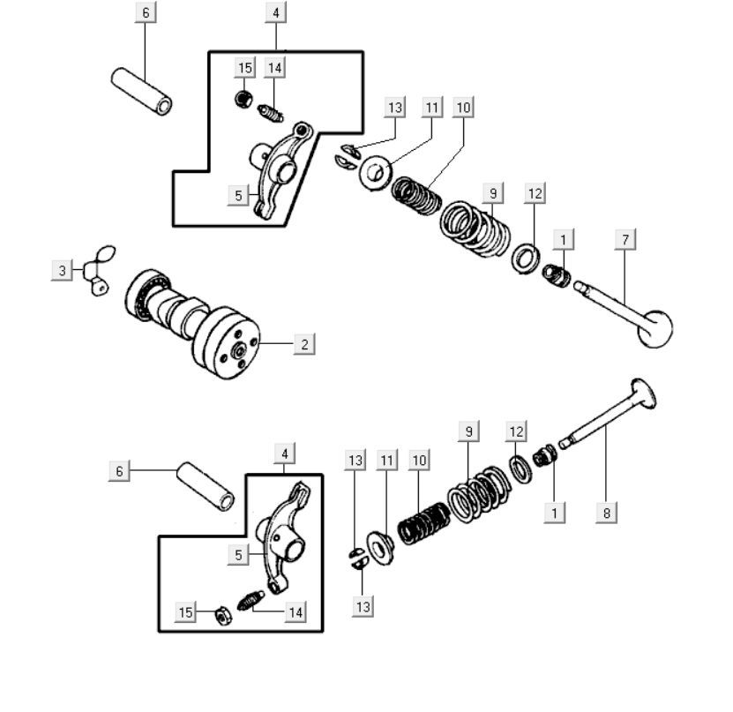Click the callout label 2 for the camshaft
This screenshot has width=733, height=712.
[304, 344]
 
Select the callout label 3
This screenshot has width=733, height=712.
[62, 270]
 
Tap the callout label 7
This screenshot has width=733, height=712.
[625, 239]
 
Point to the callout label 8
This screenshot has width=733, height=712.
[606, 512]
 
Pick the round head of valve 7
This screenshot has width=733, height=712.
[654, 329]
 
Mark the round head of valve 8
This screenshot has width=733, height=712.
[641, 393]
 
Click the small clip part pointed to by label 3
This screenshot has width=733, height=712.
[99, 270]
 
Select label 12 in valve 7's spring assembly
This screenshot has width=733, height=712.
[535, 192]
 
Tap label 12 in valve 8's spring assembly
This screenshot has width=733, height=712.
[517, 431]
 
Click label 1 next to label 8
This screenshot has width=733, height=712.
[555, 512]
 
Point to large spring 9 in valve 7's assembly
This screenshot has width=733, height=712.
[476, 228]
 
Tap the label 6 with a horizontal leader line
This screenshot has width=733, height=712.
[119, 471]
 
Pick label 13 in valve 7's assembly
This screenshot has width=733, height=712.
[394, 108]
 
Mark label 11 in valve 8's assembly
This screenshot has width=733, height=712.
[386, 460]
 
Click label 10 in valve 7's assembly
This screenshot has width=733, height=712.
[464, 108]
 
